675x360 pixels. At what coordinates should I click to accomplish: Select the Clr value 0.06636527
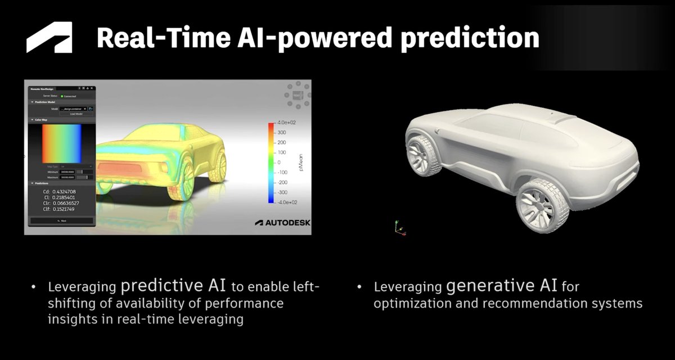[x=64, y=203]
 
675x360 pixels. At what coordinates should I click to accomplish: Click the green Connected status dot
[x=62, y=96]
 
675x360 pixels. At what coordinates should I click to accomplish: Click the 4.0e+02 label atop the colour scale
[x=280, y=122]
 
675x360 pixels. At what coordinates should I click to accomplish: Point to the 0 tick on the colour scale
[x=277, y=162]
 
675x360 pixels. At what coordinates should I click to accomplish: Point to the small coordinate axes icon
[x=399, y=227]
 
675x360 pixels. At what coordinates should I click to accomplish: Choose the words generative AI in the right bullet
[x=502, y=286]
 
